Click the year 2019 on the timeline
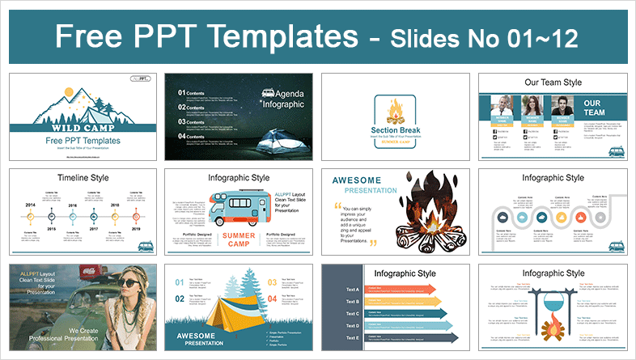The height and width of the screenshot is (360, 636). coord(134,229)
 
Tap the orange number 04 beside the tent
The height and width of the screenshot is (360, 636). coord(271,299)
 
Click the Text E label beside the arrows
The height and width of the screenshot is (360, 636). coord(352,337)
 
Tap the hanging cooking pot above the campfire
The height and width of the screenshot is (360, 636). coord(553,300)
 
